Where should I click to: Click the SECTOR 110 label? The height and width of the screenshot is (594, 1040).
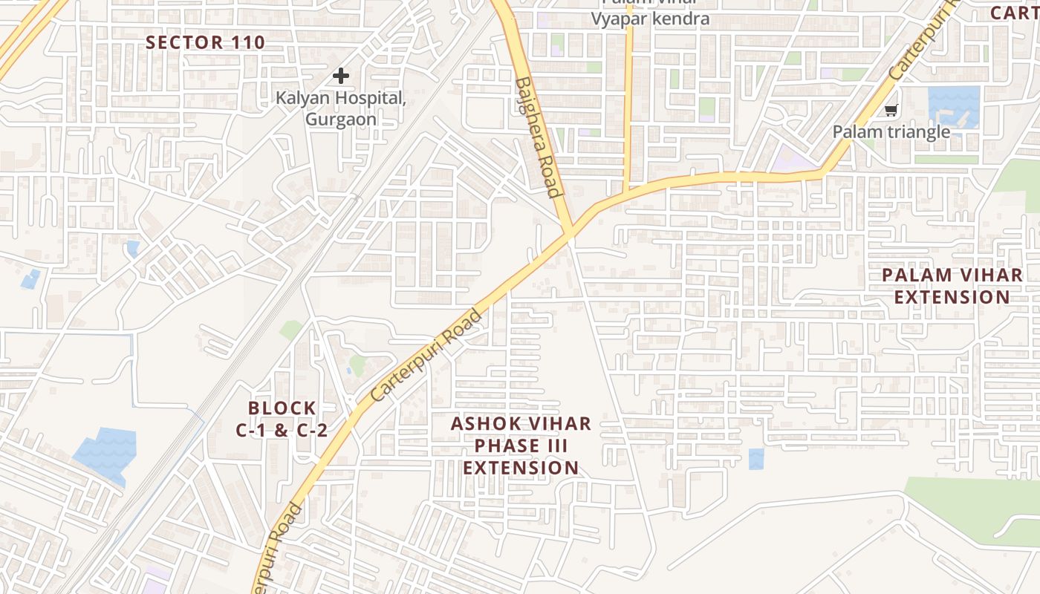point(205,42)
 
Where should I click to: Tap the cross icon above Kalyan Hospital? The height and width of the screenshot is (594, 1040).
point(341,75)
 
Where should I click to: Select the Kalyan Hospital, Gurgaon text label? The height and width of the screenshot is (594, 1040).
point(341,108)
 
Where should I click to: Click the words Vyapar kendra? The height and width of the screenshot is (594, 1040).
point(650,19)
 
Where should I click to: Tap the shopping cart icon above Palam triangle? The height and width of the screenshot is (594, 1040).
point(891,111)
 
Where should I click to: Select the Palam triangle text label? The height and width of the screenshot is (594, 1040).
point(891,132)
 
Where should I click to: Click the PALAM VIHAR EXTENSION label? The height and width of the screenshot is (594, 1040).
point(952,286)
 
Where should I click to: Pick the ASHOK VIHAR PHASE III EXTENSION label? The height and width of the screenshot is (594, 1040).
point(521,446)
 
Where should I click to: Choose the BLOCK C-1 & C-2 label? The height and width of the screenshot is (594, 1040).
point(282,419)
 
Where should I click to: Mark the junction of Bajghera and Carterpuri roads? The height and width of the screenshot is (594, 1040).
point(570,235)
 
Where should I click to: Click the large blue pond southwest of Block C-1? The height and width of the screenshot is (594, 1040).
point(106,453)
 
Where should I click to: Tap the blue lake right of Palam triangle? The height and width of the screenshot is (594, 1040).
point(954,106)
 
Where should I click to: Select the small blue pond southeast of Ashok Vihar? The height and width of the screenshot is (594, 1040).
point(755,459)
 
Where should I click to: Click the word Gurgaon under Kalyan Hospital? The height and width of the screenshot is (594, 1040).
point(341,120)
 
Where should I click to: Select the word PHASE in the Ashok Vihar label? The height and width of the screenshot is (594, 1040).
point(521,446)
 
